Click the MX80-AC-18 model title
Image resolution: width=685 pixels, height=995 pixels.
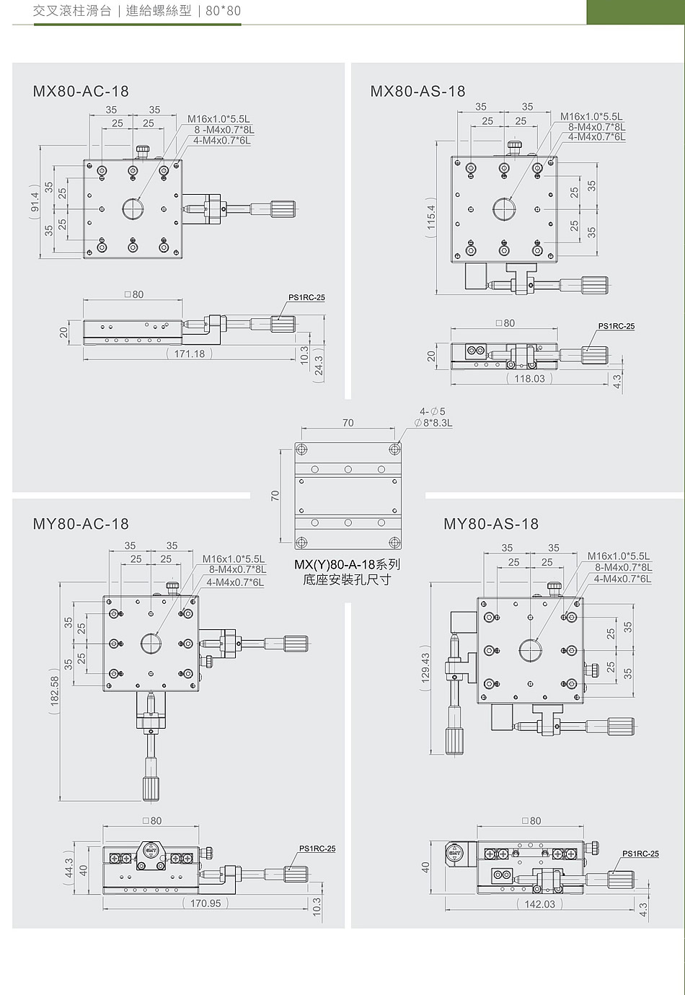(81, 91)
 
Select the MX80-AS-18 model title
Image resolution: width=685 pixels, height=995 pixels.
(417, 91)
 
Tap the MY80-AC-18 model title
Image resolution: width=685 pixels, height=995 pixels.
(81, 524)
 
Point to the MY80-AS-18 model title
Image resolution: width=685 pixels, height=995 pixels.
(491, 524)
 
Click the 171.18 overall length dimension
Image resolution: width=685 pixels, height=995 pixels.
(190, 354)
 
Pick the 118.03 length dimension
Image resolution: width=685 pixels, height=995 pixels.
(530, 379)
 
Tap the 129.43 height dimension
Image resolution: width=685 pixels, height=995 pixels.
(425, 667)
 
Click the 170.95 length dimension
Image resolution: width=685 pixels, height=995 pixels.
(205, 903)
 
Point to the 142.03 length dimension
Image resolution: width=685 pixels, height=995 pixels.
(540, 904)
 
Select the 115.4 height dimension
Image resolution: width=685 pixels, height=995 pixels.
(431, 217)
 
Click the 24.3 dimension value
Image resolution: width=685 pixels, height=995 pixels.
(319, 364)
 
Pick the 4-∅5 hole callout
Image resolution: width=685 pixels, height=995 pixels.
(433, 412)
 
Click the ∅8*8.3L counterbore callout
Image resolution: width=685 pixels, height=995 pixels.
(433, 422)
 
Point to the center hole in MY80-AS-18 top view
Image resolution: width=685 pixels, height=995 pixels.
(530, 650)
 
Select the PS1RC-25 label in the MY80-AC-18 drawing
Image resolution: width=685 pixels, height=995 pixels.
(317, 849)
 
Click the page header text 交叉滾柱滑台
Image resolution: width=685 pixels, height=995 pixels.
(72, 11)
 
